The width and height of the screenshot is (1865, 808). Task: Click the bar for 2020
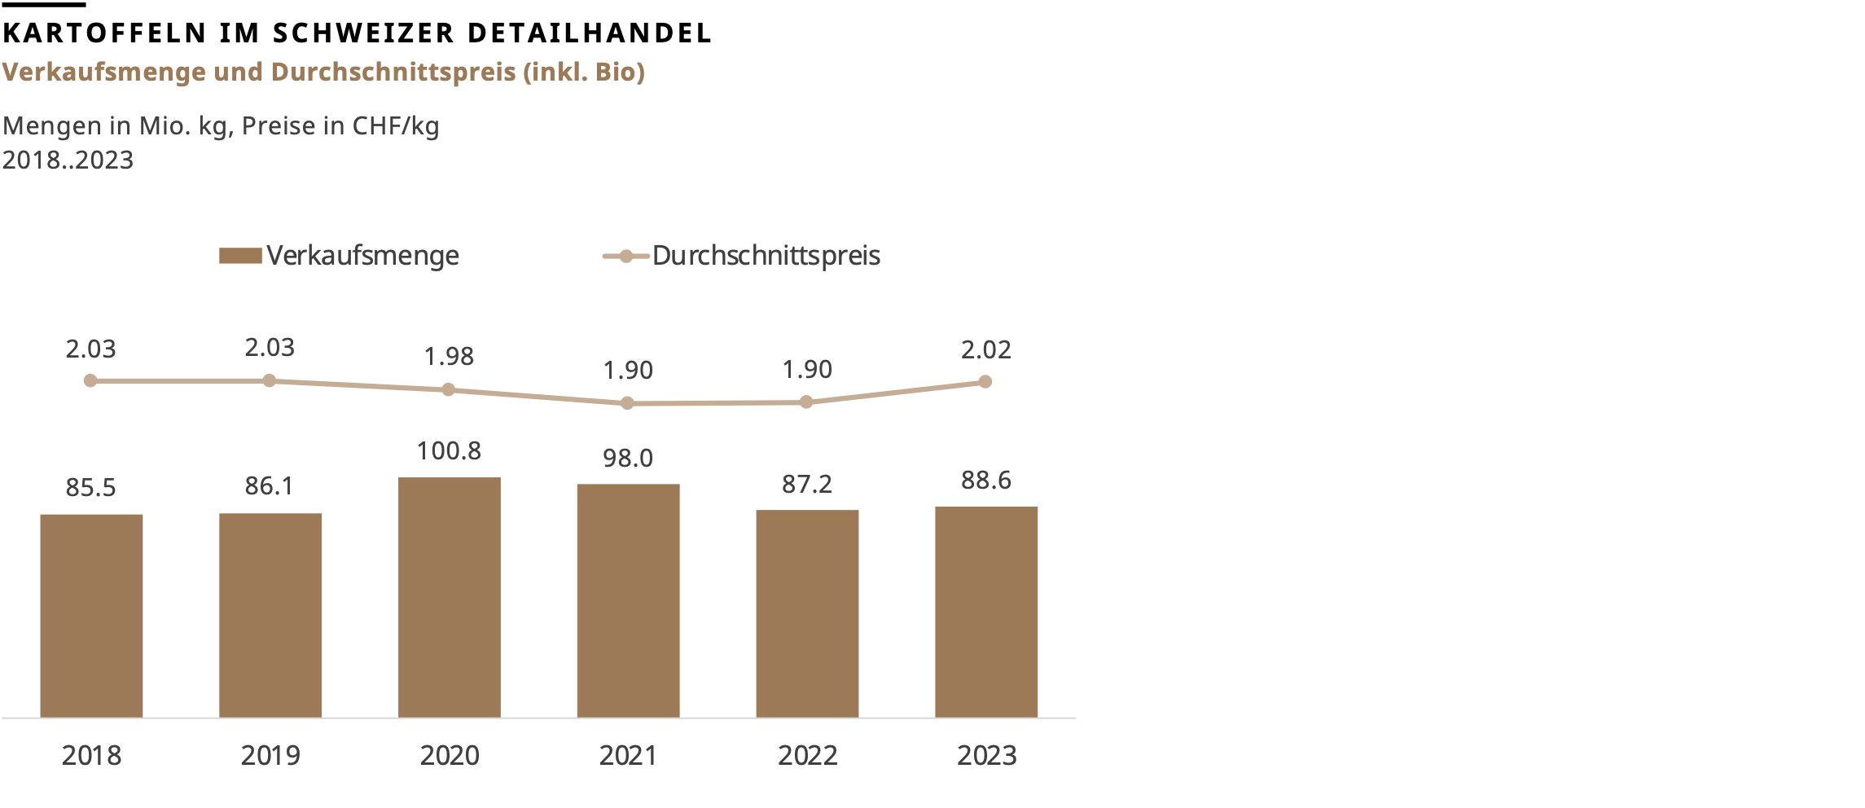coord(449,597)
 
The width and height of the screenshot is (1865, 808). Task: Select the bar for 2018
coord(91,616)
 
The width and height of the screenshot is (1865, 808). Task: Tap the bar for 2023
coord(985,612)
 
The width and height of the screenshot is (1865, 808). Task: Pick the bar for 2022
coord(807,613)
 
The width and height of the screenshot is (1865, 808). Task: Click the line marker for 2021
coord(627,403)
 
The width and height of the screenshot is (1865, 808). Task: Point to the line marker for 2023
coord(985,381)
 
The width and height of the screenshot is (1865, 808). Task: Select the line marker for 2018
coord(90,380)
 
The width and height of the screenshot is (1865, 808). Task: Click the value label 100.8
coord(449,450)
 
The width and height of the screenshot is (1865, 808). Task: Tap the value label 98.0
coord(627,458)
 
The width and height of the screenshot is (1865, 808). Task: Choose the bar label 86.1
coord(269,486)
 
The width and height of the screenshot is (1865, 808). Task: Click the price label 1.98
coord(448,357)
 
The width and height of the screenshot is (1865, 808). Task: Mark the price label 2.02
coord(985,350)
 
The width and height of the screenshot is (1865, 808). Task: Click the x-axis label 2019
coord(270,756)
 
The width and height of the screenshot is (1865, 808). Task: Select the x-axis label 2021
coord(627,756)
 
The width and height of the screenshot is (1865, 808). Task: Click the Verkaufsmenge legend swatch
coord(240,256)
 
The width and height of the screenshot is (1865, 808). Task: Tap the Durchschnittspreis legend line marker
coord(625,257)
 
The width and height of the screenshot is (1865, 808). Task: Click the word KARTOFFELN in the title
coord(105,33)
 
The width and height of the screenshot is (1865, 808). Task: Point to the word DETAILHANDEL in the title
coord(590,33)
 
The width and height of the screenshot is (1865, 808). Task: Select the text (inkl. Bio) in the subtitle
coord(584,72)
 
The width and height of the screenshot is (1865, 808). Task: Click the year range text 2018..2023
coord(68,160)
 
